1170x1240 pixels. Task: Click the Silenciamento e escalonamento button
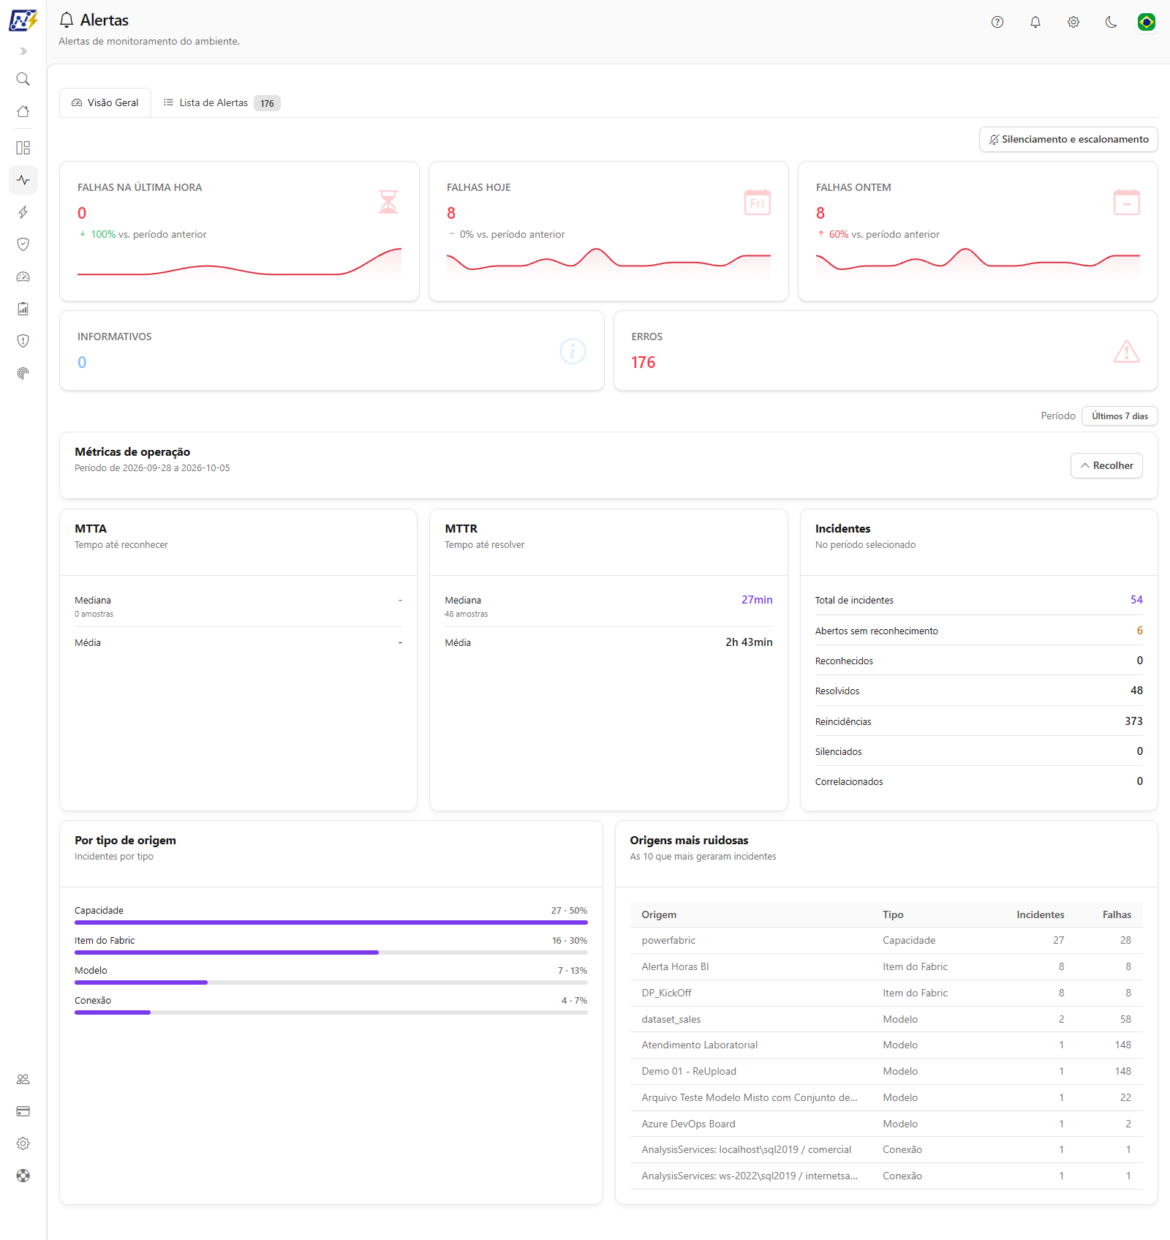1068,140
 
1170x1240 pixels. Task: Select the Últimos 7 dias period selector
1120,416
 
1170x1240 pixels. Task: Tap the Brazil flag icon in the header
1147,22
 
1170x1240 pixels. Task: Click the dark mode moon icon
1111,22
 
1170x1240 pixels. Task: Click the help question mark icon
997,22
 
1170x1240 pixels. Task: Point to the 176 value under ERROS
643,363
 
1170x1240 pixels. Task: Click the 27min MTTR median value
757,600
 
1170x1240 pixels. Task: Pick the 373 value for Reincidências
1133,721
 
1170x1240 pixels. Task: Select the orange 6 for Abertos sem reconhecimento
1139,631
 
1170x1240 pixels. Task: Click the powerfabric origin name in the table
668,941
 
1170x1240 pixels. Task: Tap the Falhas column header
1117,915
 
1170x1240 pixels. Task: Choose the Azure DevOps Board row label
688,1124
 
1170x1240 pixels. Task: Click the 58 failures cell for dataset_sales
1125,1020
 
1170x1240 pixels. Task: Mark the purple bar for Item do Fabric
227,952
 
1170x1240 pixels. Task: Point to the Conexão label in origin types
93,1001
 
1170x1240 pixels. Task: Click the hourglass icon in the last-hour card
388,202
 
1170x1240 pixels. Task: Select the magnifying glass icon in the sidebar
23,79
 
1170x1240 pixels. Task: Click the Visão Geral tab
105,103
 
